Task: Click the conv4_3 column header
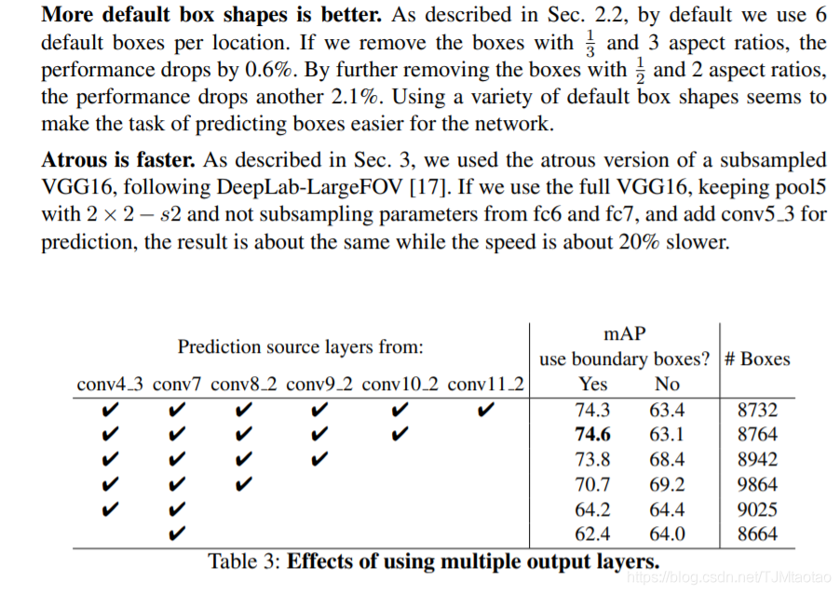click(109, 384)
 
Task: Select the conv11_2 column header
click(486, 384)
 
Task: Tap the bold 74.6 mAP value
click(592, 434)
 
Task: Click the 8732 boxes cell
click(756, 409)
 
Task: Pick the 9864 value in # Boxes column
click(756, 484)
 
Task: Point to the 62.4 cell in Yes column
click(592, 534)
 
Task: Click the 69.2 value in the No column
click(667, 484)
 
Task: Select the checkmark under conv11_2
click(485, 409)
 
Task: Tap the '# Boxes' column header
click(755, 358)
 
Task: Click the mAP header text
click(625, 333)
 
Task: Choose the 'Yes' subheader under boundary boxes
click(592, 384)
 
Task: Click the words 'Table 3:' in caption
click(244, 561)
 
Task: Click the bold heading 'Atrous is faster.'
click(126, 161)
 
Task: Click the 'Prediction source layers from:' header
click(301, 347)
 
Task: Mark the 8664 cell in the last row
click(756, 534)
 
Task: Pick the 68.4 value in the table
click(667, 459)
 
